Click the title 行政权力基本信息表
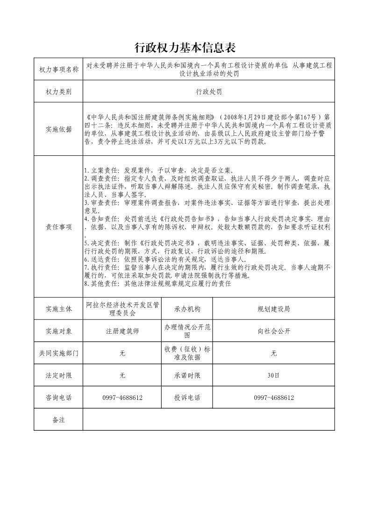point(185,47)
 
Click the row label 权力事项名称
point(59,70)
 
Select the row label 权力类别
point(59,92)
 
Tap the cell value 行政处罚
point(209,92)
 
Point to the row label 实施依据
point(59,129)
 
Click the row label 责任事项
point(59,227)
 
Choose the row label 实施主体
point(59,309)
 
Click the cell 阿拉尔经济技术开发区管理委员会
point(122,309)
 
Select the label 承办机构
point(187,309)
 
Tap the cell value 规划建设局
point(274,309)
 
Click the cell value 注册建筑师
point(122,331)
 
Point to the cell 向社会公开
point(274,331)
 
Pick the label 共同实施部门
point(59,354)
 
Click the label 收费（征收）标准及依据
point(187,354)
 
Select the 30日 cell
point(274,375)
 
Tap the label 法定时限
point(59,375)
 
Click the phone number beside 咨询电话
point(122,398)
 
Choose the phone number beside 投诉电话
point(274,398)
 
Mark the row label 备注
point(59,420)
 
